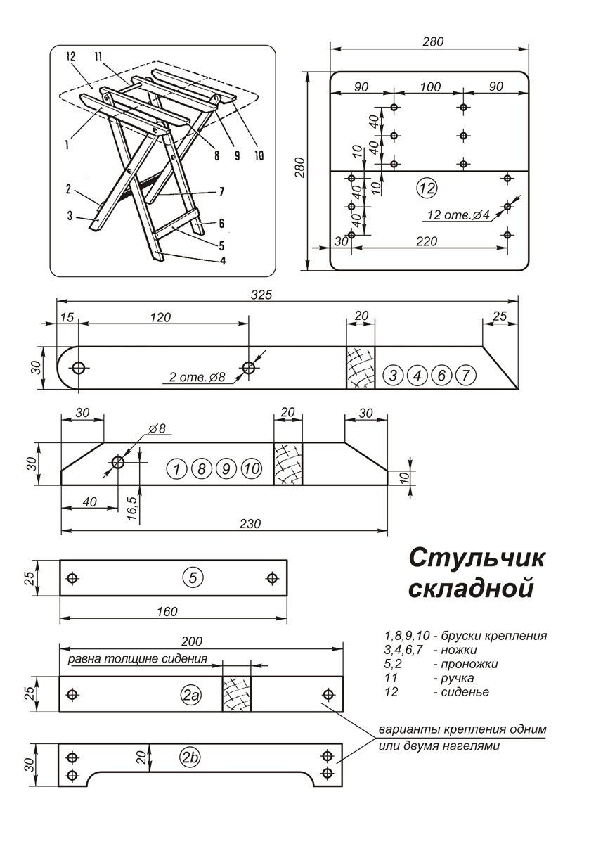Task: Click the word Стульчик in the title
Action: (477, 558)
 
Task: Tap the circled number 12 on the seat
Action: (427, 188)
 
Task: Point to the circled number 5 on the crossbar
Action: (193, 578)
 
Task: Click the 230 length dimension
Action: (251, 523)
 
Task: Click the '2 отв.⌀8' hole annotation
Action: (197, 378)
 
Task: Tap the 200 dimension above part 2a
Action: (191, 641)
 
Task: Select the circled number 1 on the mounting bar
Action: (178, 468)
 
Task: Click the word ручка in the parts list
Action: (454, 678)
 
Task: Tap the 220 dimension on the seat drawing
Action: (426, 241)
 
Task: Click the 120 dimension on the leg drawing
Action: (160, 317)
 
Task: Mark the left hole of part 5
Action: (72, 578)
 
